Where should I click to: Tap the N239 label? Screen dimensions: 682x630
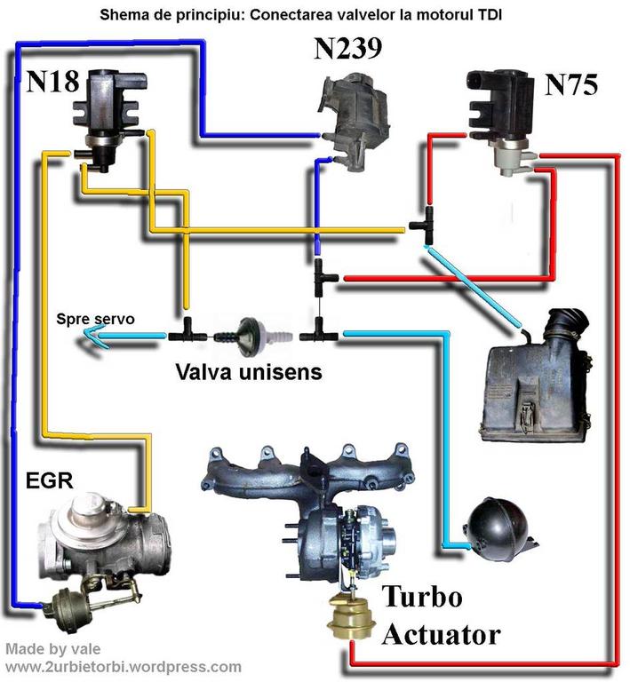(x=347, y=49)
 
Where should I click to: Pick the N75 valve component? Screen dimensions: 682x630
(x=501, y=120)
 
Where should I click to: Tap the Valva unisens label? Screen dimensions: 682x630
(x=248, y=371)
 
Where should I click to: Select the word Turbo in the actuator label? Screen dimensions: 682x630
(x=422, y=597)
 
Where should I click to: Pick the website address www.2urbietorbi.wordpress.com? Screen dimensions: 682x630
(x=123, y=666)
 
